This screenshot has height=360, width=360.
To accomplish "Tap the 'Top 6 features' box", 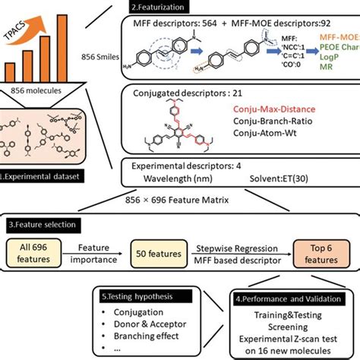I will pos(316,254).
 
